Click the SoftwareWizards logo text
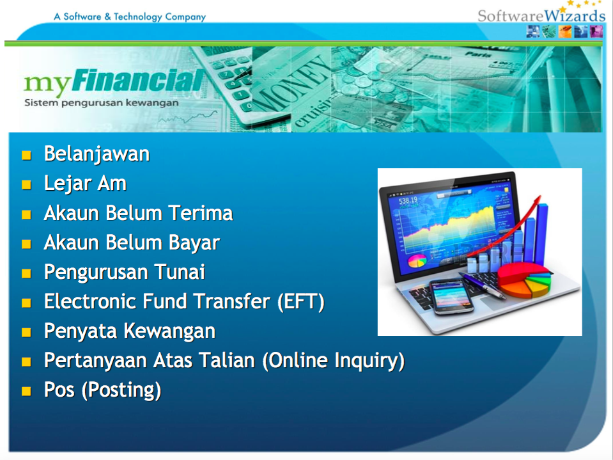click(541, 15)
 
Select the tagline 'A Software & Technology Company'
click(130, 17)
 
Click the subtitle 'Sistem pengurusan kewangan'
click(101, 103)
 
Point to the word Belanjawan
click(97, 154)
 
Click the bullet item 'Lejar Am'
click(85, 184)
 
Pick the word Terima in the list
click(201, 213)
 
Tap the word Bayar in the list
click(194, 243)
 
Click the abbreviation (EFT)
click(301, 302)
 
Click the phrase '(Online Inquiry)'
click(334, 361)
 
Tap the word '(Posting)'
click(121, 390)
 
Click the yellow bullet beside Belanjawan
click(27, 155)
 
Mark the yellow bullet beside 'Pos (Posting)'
click(27, 391)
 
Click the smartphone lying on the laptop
click(452, 297)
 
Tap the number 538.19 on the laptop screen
click(408, 201)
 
